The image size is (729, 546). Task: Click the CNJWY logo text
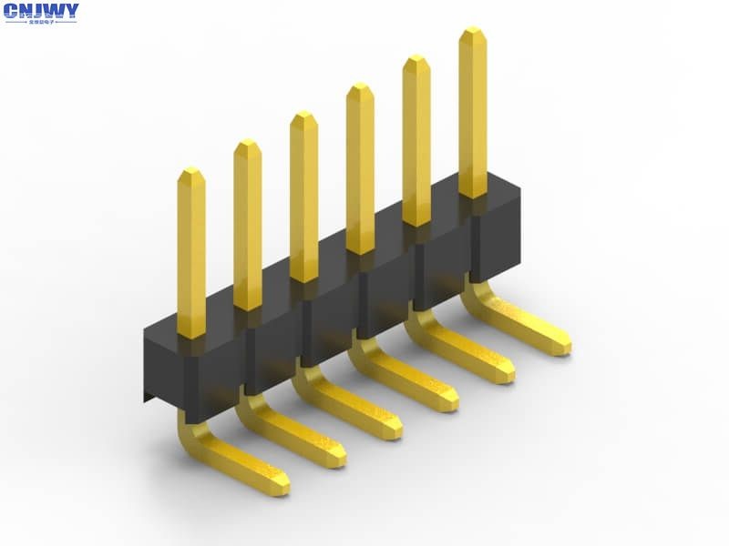(41, 11)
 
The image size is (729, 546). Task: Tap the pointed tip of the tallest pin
(472, 33)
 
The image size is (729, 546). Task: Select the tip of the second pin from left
(247, 145)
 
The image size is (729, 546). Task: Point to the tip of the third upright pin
(303, 116)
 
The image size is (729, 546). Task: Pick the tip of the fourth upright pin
(360, 88)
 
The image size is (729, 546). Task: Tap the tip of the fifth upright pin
(416, 60)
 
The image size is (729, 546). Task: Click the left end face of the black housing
(164, 364)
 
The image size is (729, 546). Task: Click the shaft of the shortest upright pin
(191, 255)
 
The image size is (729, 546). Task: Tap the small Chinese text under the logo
(41, 21)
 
